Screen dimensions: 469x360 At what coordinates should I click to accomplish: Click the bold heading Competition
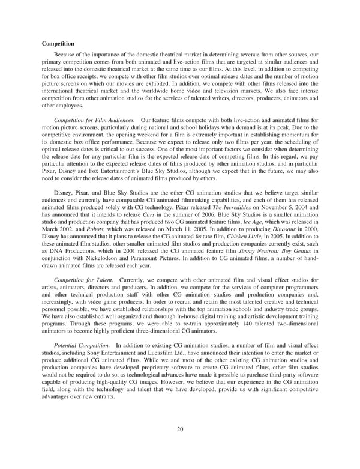58,43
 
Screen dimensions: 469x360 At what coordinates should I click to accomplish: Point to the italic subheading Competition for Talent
82,280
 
